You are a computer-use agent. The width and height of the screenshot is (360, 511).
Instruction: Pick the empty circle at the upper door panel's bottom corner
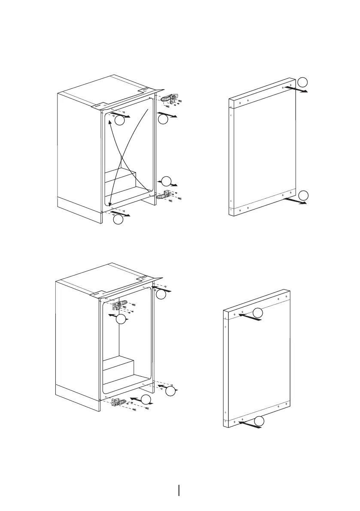(303, 195)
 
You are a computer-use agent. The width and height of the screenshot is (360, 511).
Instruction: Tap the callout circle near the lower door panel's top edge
(257, 313)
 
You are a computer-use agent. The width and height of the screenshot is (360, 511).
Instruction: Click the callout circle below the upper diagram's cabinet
(118, 220)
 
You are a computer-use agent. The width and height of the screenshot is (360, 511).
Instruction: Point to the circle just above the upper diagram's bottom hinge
(166, 181)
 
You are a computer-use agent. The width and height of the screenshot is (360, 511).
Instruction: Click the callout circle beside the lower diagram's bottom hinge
(146, 400)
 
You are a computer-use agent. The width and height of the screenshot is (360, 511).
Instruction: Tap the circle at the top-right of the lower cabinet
(160, 294)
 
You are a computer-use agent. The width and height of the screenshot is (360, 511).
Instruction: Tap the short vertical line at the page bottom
(179, 489)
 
